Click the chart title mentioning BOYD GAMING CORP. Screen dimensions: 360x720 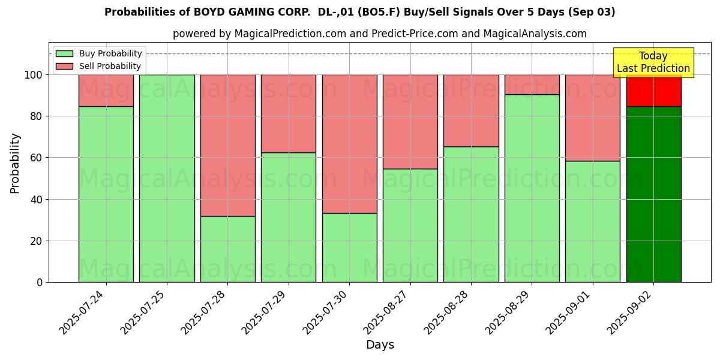pyautogui.click(x=359, y=12)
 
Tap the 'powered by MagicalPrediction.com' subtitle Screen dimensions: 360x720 pyautogui.click(x=379, y=34)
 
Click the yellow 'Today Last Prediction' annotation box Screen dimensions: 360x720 pyautogui.click(x=653, y=62)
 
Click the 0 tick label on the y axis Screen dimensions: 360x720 pyautogui.click(x=40, y=282)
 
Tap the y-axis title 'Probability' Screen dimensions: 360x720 pyautogui.click(x=15, y=163)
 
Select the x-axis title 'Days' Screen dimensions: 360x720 pyautogui.click(x=380, y=345)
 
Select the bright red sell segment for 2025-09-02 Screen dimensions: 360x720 pyautogui.click(x=653, y=91)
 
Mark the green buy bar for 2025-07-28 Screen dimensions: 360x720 pyautogui.click(x=227, y=249)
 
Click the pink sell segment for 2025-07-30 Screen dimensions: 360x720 pyautogui.click(x=349, y=144)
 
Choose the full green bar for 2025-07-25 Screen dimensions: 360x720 pyautogui.click(x=167, y=178)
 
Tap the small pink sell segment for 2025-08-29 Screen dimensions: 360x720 pyautogui.click(x=532, y=85)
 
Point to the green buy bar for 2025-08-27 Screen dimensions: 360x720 pyautogui.click(x=410, y=225)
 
